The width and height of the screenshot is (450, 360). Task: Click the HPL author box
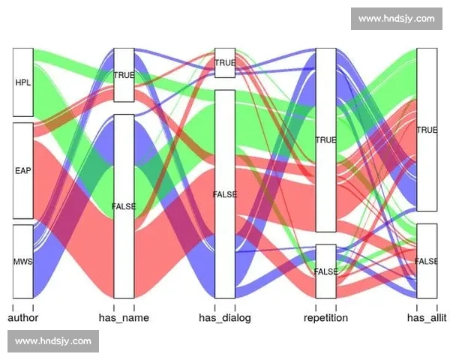(x=23, y=82)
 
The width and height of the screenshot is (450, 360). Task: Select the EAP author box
(x=23, y=171)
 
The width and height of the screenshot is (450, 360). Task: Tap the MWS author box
(x=23, y=262)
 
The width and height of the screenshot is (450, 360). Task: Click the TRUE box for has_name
(x=124, y=75)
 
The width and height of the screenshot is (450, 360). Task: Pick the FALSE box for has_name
(x=124, y=206)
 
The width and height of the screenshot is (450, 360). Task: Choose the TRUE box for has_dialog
(x=225, y=63)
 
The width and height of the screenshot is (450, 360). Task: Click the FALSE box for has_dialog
(x=225, y=194)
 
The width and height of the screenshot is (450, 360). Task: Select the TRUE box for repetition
(x=326, y=140)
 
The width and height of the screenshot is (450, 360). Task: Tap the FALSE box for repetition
(x=326, y=271)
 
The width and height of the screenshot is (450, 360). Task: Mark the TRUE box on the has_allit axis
(x=427, y=130)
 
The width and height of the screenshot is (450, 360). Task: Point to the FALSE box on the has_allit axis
(x=427, y=261)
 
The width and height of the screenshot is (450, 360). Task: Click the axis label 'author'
(x=23, y=318)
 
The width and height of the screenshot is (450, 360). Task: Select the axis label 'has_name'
(x=124, y=318)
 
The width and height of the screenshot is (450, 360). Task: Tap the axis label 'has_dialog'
(x=225, y=318)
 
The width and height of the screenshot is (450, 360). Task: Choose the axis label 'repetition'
(x=326, y=318)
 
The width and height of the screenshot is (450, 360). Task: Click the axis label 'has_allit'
(x=427, y=318)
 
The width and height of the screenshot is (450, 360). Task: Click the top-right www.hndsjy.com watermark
(x=397, y=19)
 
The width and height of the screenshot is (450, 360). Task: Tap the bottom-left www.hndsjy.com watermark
(x=53, y=341)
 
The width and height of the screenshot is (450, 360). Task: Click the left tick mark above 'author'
(x=13, y=307)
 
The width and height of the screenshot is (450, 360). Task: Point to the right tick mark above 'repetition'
(x=336, y=307)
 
